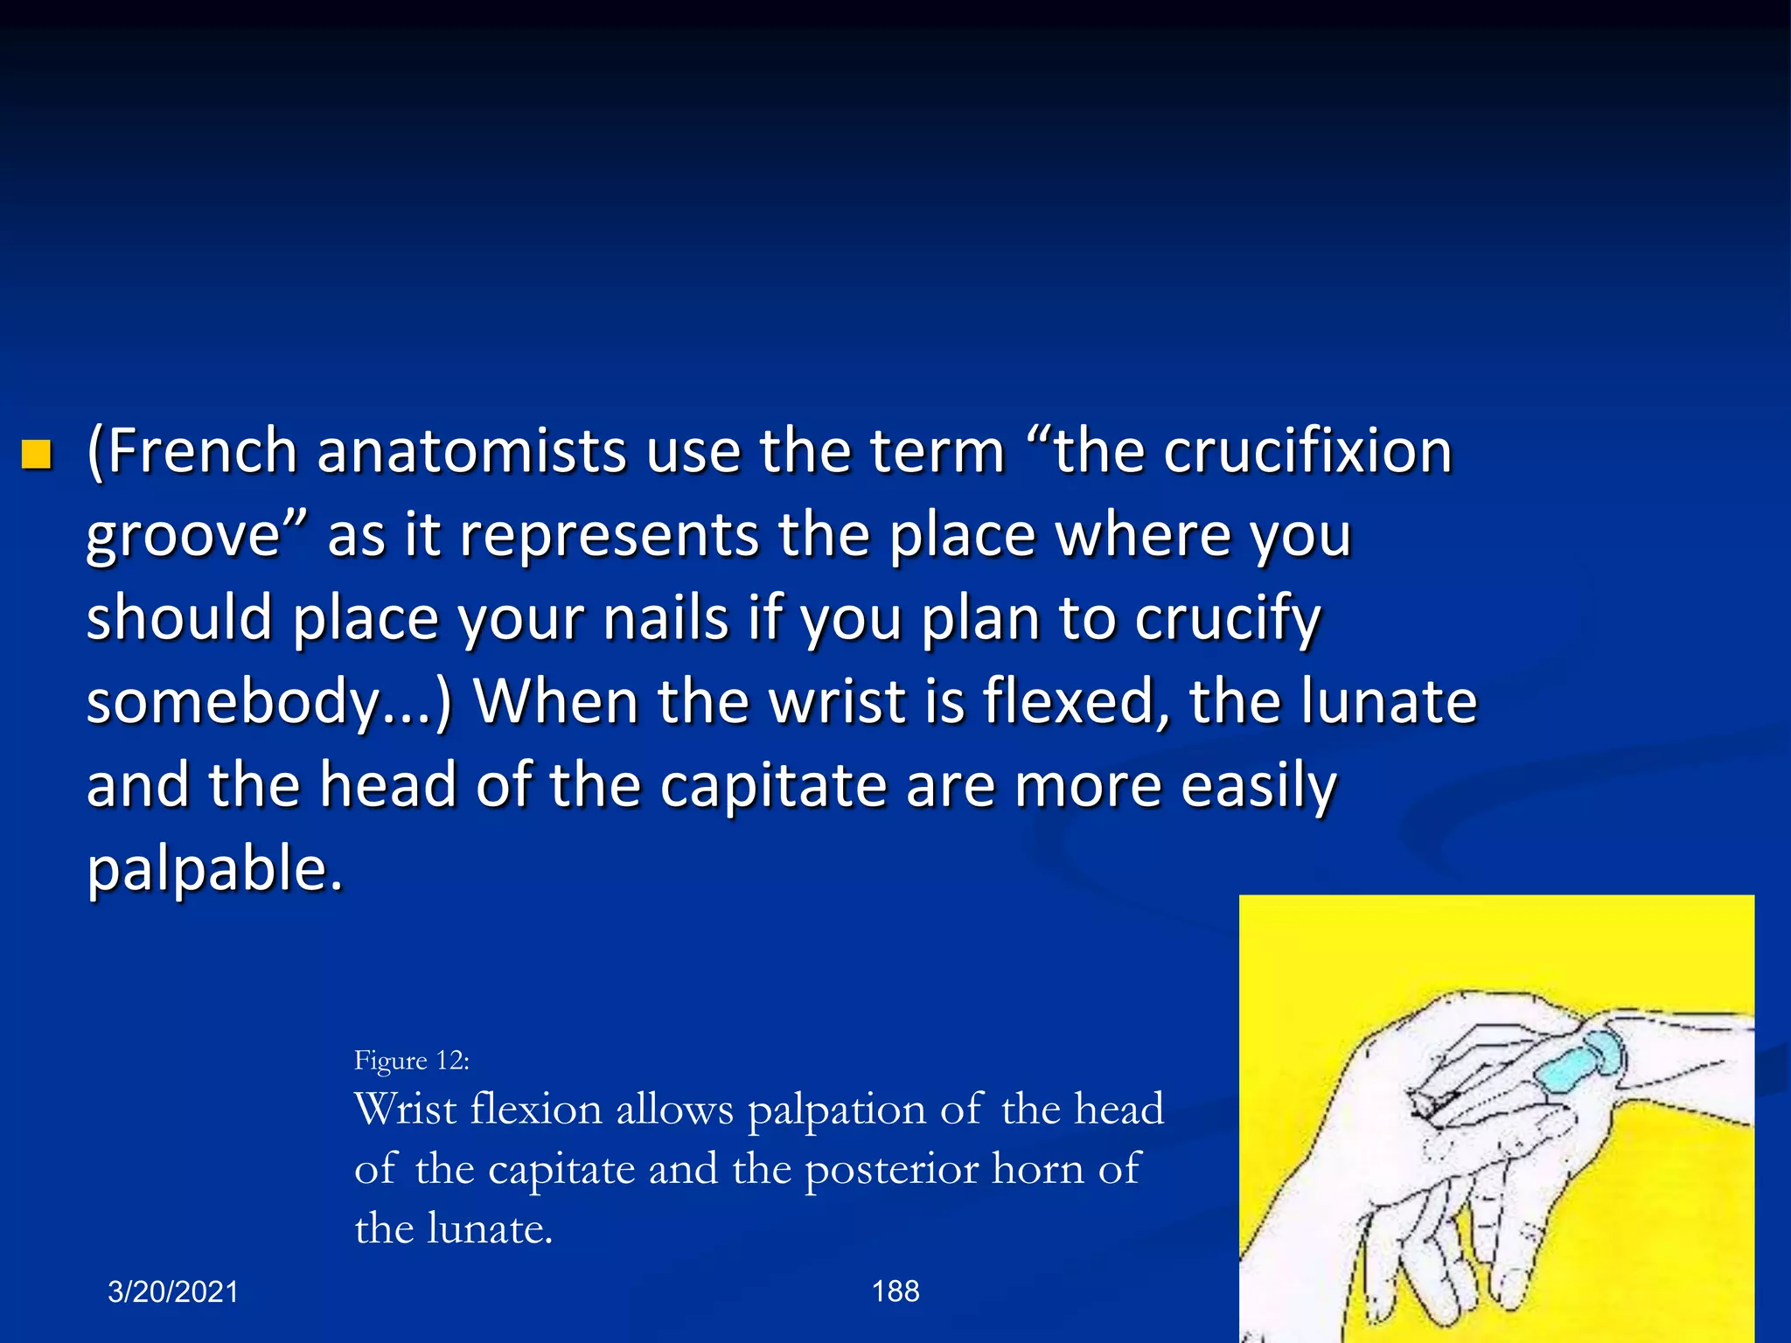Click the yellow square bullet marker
(x=37, y=455)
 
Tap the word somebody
(x=232, y=702)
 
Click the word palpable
(x=214, y=870)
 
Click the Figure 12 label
(x=411, y=1061)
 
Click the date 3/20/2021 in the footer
(x=173, y=1291)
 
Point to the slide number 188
(x=895, y=1291)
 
